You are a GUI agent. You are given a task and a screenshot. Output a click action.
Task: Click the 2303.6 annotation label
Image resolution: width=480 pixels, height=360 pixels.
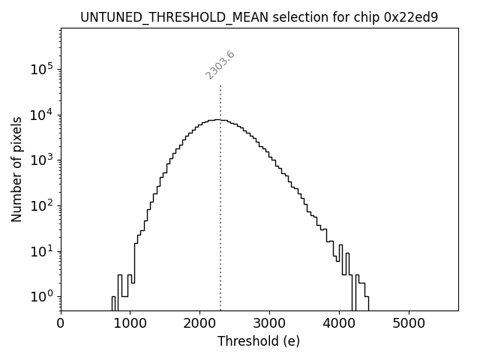[220, 65]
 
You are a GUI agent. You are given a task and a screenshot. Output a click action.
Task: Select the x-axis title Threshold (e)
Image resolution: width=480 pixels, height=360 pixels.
[259, 341]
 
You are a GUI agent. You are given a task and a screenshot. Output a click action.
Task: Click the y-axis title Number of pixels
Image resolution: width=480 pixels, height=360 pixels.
[16, 169]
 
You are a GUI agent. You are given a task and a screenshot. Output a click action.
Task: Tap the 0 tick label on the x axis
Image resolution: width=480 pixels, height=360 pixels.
[61, 324]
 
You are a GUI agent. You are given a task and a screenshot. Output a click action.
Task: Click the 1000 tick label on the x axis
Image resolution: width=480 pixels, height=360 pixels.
[130, 324]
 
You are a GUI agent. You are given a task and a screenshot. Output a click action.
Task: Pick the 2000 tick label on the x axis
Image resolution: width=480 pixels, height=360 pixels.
[199, 324]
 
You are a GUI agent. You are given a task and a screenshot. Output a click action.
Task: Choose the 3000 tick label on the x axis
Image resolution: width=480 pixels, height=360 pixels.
[269, 324]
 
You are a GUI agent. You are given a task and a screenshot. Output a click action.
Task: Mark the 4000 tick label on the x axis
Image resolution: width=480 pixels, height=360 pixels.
[338, 324]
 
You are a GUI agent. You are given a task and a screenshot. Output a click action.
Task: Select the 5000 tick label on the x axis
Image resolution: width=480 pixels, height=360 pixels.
[408, 324]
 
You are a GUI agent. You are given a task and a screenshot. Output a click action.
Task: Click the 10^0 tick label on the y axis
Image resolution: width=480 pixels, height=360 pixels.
[42, 296]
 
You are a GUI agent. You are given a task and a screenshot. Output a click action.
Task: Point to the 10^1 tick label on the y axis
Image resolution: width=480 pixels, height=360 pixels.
[42, 251]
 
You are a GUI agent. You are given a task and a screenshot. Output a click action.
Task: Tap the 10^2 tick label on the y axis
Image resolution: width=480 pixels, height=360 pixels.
[42, 205]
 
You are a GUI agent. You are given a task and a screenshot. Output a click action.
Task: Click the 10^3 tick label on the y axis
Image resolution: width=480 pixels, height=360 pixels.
[42, 160]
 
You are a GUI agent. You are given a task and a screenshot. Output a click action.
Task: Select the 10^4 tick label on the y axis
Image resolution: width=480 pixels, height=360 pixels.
[42, 115]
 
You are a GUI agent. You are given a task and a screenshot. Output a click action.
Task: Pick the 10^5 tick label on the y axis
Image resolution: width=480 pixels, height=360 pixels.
[42, 69]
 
